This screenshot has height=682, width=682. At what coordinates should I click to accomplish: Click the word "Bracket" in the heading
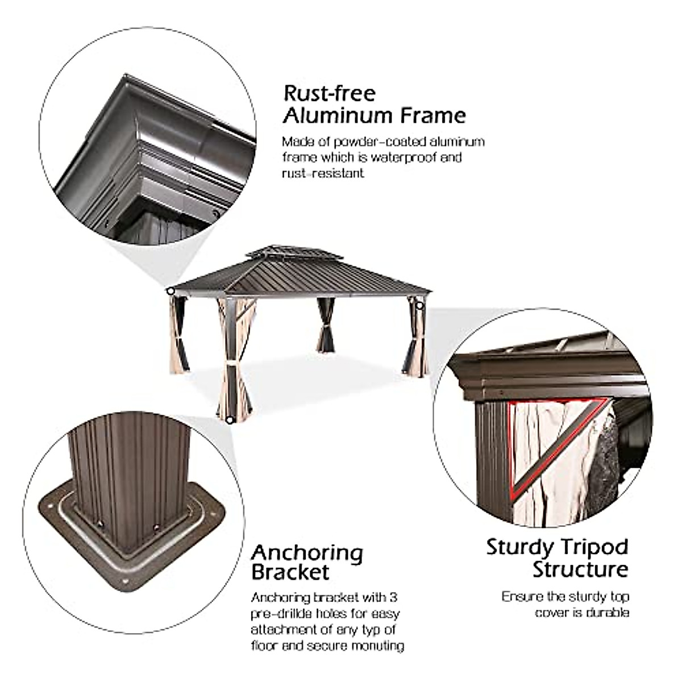pos(290,572)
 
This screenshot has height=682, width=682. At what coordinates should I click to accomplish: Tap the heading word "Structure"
pos(580,569)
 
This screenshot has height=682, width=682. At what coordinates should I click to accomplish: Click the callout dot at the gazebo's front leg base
pos(229,420)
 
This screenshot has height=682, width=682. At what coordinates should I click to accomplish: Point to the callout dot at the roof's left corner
pos(170,291)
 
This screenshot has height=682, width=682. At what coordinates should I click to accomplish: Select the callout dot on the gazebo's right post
pos(420,306)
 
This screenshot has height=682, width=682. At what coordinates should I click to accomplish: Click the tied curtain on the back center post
pos(326,328)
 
